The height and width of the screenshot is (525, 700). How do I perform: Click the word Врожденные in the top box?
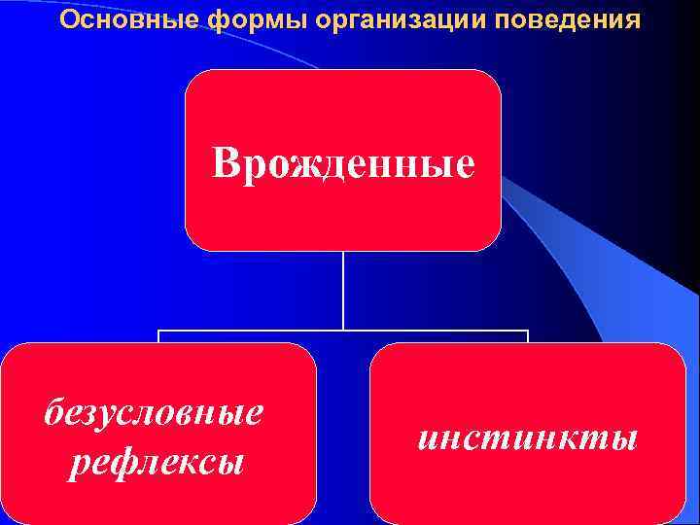pyautogui.click(x=344, y=163)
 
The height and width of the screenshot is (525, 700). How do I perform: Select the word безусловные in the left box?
pyautogui.click(x=154, y=412)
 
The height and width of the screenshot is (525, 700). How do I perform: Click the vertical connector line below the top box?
pyautogui.click(x=343, y=292)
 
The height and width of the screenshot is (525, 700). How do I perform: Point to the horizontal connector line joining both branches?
pyautogui.click(x=253, y=331)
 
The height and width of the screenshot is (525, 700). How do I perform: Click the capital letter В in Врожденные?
pyautogui.click(x=226, y=163)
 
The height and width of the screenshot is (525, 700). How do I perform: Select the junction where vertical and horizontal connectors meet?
pyautogui.click(x=343, y=331)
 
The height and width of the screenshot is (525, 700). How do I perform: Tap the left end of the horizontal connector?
pyautogui.click(x=159, y=332)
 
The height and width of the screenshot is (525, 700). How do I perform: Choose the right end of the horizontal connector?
pyautogui.click(x=527, y=332)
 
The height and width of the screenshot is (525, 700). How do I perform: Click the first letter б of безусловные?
pyautogui.click(x=53, y=412)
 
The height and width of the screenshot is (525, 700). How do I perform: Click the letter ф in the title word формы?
pyautogui.click(x=219, y=20)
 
